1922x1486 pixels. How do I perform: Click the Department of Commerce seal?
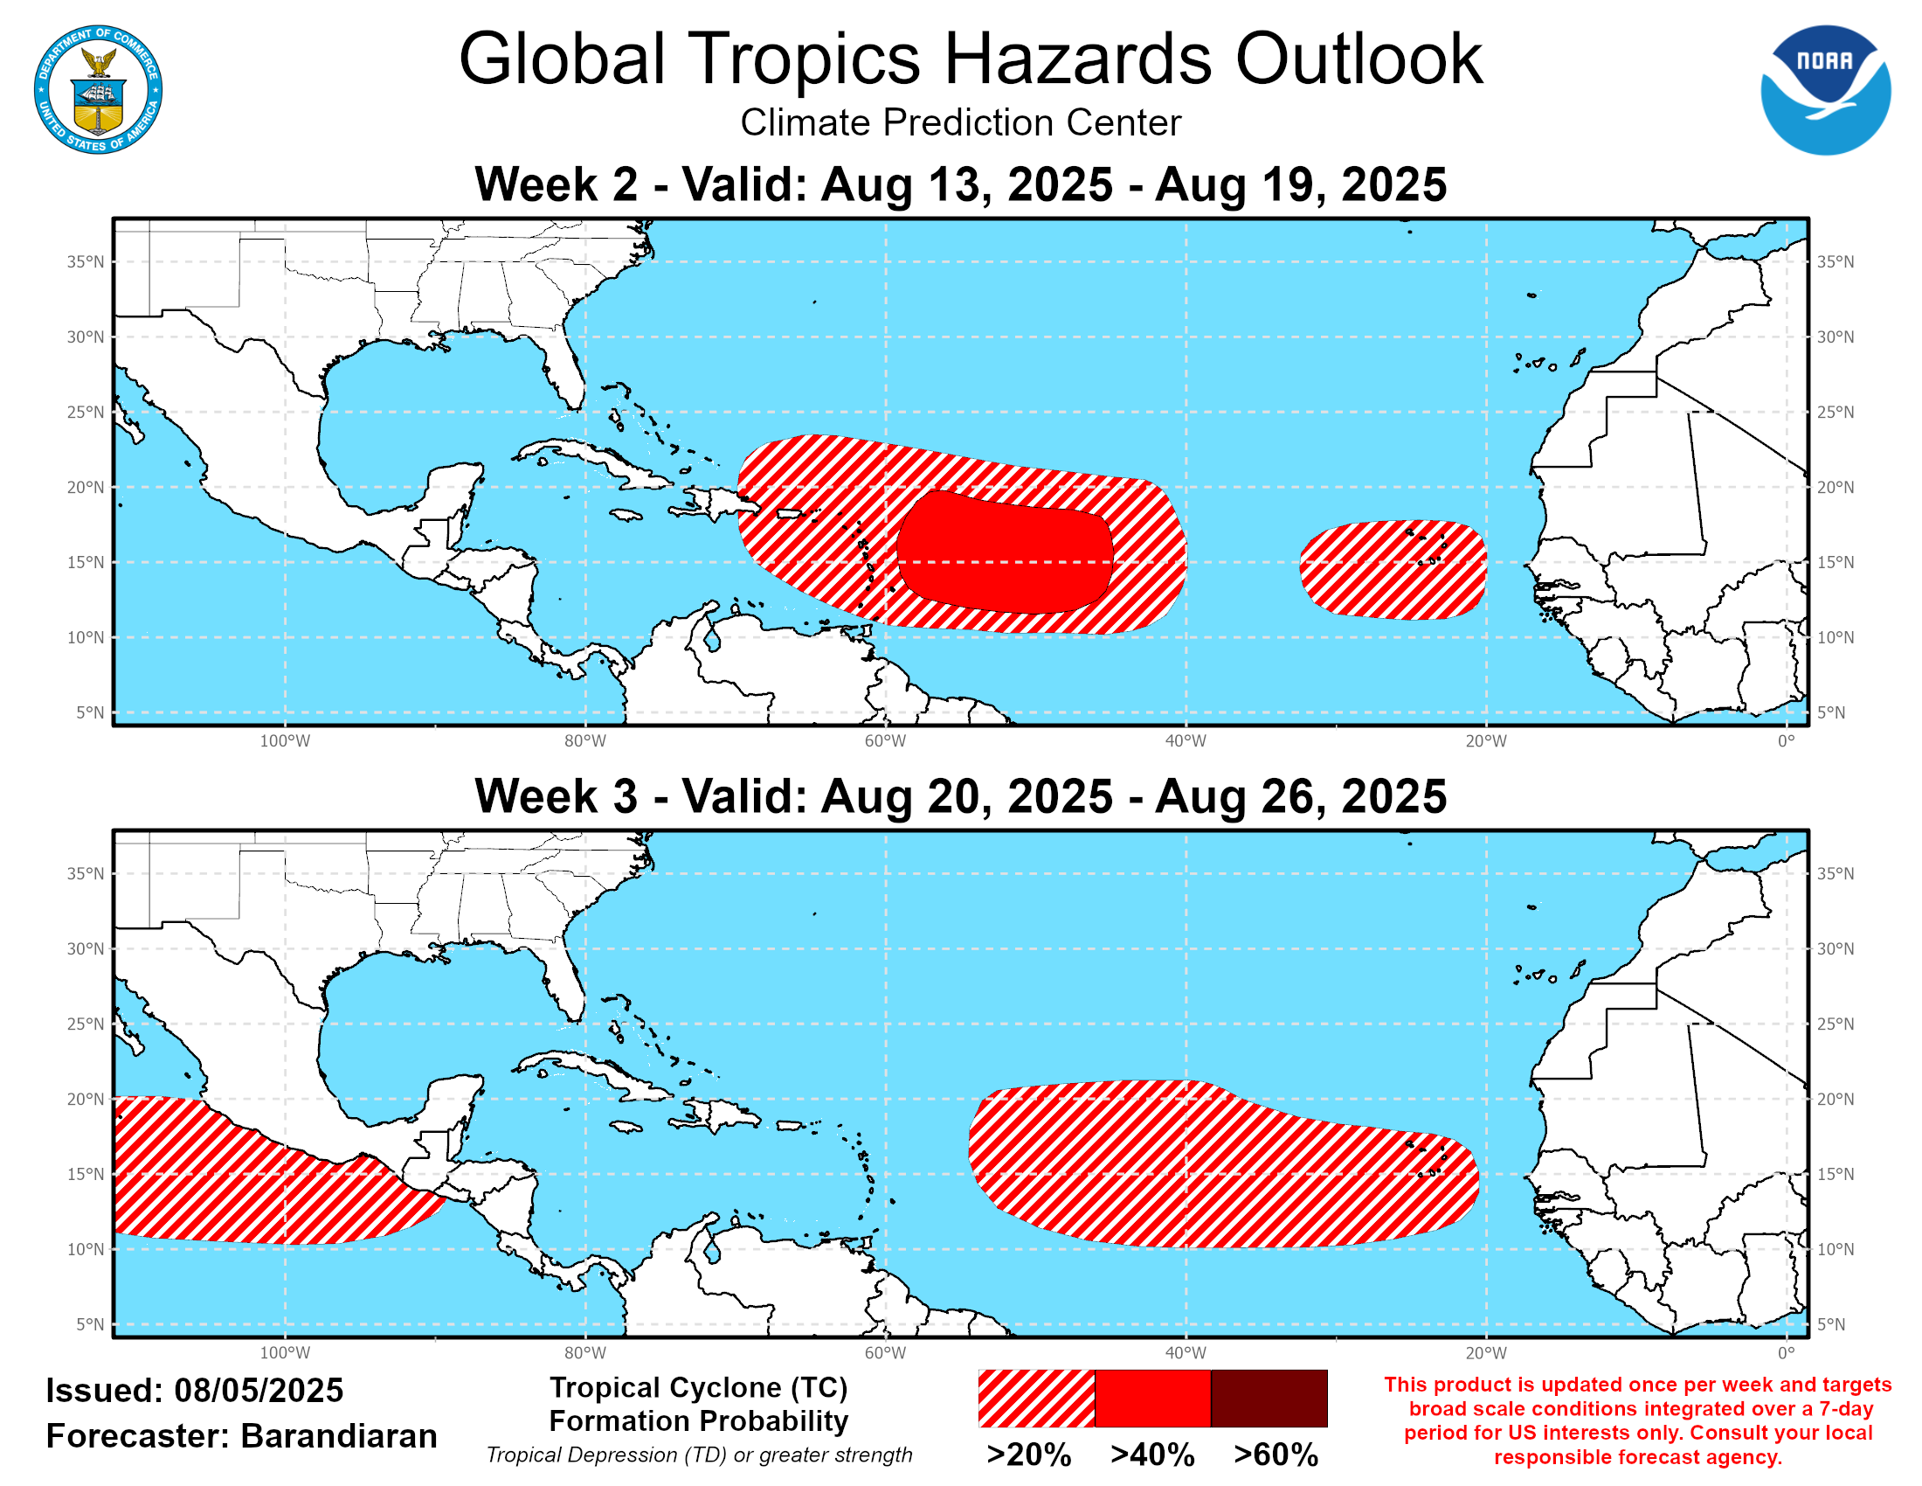pyautogui.click(x=98, y=89)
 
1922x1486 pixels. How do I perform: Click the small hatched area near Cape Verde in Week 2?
pyautogui.click(x=1393, y=571)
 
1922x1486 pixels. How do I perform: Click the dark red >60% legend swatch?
pyautogui.click(x=1269, y=1398)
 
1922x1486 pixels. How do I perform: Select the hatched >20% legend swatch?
pyautogui.click(x=1036, y=1398)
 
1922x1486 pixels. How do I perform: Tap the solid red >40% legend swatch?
pyautogui.click(x=1152, y=1398)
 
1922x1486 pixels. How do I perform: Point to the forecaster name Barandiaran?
pyautogui.click(x=339, y=1436)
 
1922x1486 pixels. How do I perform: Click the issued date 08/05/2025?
pyautogui.click(x=259, y=1391)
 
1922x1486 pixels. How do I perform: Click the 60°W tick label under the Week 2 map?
pyautogui.click(x=884, y=741)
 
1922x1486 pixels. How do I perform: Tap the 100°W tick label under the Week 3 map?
pyautogui.click(x=284, y=1353)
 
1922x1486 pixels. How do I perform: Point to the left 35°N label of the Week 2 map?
pyautogui.click(x=86, y=261)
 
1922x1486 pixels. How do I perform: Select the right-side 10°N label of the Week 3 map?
pyautogui.click(x=1835, y=1249)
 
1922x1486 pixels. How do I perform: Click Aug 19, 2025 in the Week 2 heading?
pyautogui.click(x=1300, y=184)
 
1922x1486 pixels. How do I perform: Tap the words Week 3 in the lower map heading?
pyautogui.click(x=556, y=796)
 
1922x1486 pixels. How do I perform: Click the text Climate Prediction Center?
pyautogui.click(x=960, y=123)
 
